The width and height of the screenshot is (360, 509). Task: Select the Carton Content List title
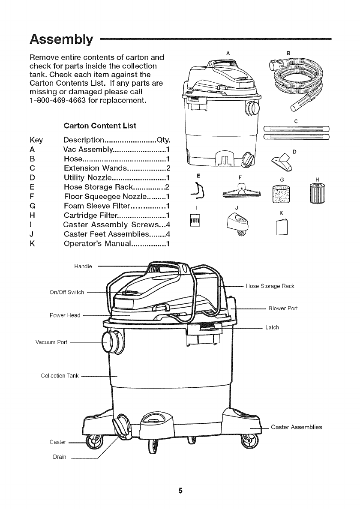(100, 126)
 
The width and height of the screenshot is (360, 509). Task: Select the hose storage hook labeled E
(198, 191)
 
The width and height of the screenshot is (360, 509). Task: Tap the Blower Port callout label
(283, 308)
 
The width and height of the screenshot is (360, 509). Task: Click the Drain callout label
(59, 457)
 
